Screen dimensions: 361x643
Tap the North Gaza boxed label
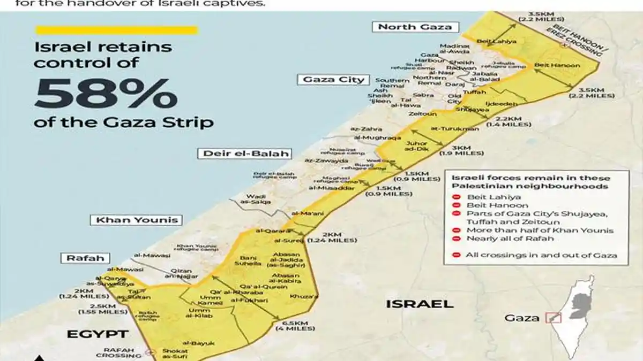click(x=415, y=27)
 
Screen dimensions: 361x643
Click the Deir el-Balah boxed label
click(x=246, y=153)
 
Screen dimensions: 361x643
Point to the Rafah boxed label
click(x=85, y=258)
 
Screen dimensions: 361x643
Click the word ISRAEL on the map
click(x=419, y=304)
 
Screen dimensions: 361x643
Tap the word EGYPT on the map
click(x=98, y=334)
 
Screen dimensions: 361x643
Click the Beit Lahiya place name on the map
click(x=489, y=40)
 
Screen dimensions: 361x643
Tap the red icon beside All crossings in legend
click(x=457, y=255)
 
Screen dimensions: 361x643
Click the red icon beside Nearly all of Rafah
click(x=457, y=239)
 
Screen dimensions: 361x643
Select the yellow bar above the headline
click(x=116, y=30)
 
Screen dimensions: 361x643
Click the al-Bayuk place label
click(x=198, y=342)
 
